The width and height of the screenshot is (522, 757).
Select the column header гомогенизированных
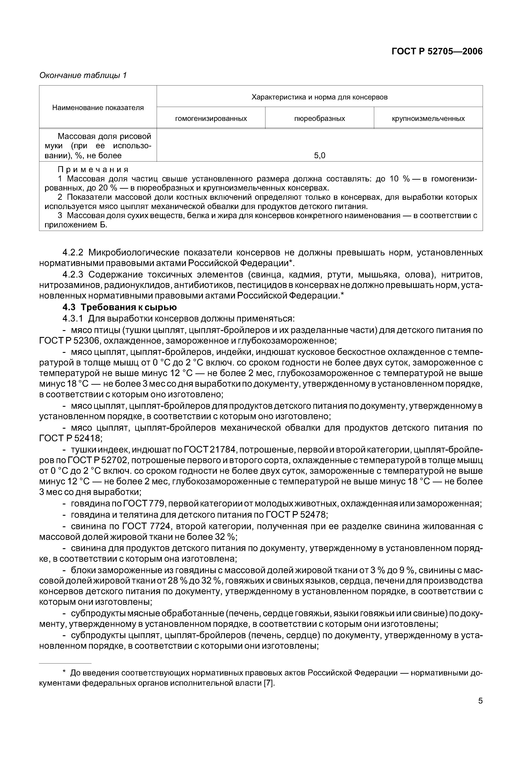point(211,118)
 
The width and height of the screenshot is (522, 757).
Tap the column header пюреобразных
point(320,118)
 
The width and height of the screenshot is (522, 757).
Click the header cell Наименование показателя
point(98,108)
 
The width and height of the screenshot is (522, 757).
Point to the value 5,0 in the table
point(320,156)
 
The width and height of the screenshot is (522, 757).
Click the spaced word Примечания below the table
point(93,169)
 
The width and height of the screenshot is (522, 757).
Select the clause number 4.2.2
point(73,253)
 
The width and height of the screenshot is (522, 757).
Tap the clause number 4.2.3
point(73,274)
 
